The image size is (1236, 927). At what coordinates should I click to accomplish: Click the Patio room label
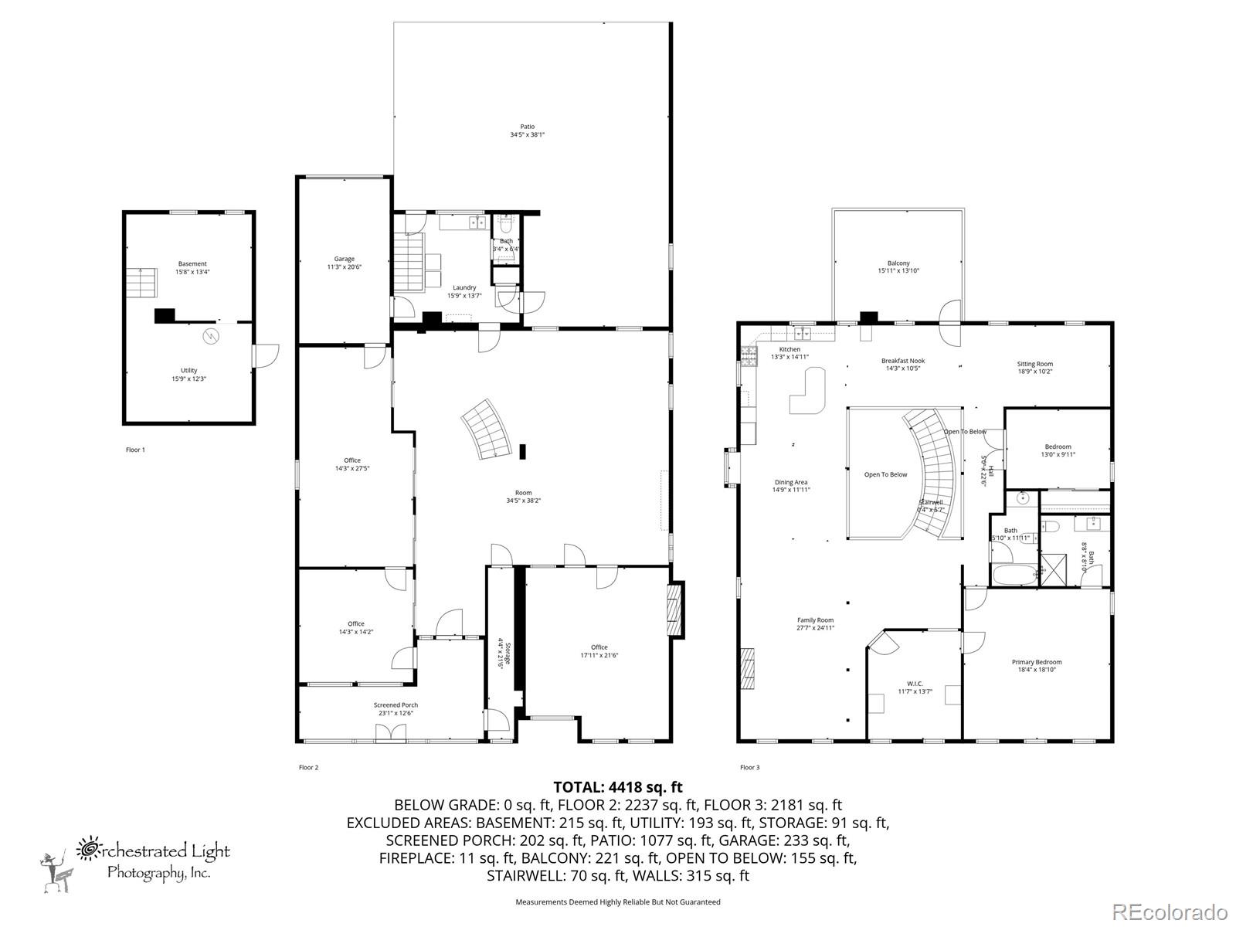(x=527, y=131)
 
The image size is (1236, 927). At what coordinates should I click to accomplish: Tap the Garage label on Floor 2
(x=344, y=263)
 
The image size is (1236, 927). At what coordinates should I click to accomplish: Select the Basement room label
(x=192, y=267)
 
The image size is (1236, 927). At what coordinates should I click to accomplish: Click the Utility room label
(x=189, y=375)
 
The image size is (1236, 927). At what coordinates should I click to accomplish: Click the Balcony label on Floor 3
(x=898, y=267)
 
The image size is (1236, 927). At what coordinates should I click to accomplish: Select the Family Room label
(x=815, y=623)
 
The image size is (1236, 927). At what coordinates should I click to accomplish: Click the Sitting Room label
(x=1035, y=367)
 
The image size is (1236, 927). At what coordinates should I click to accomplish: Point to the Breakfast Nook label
(x=903, y=364)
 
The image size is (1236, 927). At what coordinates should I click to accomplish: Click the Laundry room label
(x=464, y=291)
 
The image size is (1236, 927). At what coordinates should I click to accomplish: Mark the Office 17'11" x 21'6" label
(x=599, y=651)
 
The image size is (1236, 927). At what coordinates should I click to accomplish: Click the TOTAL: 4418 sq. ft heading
(x=618, y=787)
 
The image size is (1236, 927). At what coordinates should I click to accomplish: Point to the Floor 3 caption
(x=749, y=767)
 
